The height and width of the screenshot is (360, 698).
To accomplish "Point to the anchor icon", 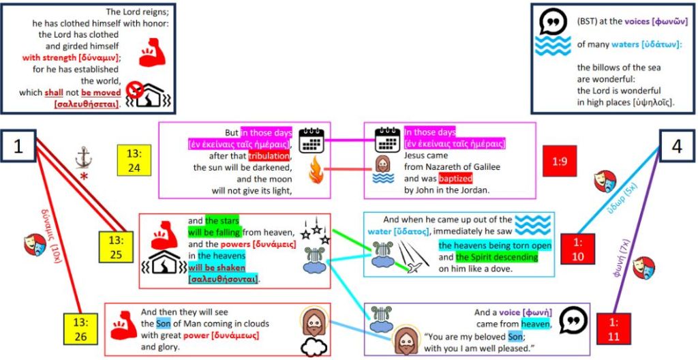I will [x=84, y=157].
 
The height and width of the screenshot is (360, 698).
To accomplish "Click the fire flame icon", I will [x=316, y=170].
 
